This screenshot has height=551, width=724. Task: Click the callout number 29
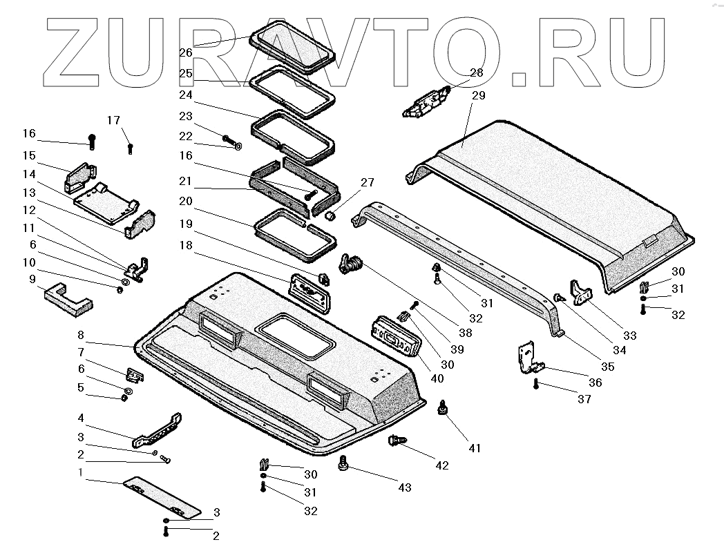[479, 97]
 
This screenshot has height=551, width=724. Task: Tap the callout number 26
[185, 52]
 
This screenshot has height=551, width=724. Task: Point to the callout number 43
[404, 487]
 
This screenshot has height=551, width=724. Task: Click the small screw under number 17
[130, 148]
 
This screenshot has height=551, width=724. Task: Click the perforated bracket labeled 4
[159, 431]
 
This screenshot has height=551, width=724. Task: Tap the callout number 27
[367, 182]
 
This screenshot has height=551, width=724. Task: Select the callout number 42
[441, 465]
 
